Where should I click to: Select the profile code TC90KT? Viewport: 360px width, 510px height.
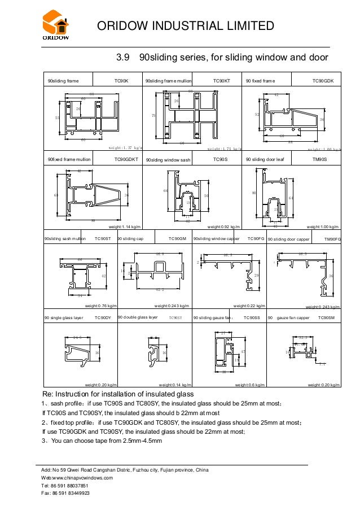coord(222,81)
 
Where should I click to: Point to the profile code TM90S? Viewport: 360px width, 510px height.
coord(320,160)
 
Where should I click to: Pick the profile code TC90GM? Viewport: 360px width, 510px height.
coord(177,239)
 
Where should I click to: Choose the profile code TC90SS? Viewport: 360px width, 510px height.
coord(251,318)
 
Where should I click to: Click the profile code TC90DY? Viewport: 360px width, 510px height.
coord(103,318)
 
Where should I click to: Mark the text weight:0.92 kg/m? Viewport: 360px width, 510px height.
coord(223,226)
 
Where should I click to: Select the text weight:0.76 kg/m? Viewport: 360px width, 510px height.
coord(98,306)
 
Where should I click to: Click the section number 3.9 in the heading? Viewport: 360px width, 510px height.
coord(124,58)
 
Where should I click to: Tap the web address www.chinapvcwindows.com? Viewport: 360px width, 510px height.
coord(85,478)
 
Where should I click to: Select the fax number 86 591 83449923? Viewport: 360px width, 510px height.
coord(71,493)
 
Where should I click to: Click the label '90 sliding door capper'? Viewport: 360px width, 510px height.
coord(289,239)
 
